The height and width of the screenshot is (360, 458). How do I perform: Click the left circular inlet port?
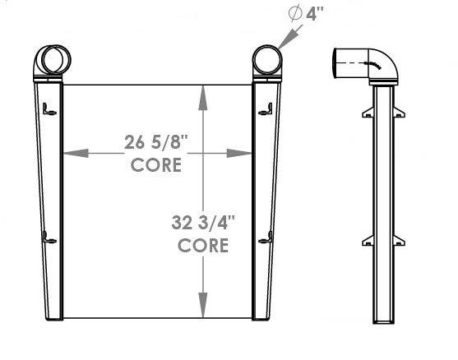[55, 59]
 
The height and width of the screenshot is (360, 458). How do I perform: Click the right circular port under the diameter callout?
[266, 59]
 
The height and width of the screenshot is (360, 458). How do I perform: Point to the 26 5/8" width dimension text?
[157, 142]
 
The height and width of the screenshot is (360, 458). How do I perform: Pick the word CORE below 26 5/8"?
[156, 164]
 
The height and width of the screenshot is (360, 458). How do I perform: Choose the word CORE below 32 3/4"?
[202, 244]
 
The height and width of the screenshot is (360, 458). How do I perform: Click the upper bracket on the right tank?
[266, 108]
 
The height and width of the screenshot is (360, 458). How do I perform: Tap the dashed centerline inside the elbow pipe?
[362, 62]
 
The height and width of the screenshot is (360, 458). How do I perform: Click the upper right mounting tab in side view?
[402, 109]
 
